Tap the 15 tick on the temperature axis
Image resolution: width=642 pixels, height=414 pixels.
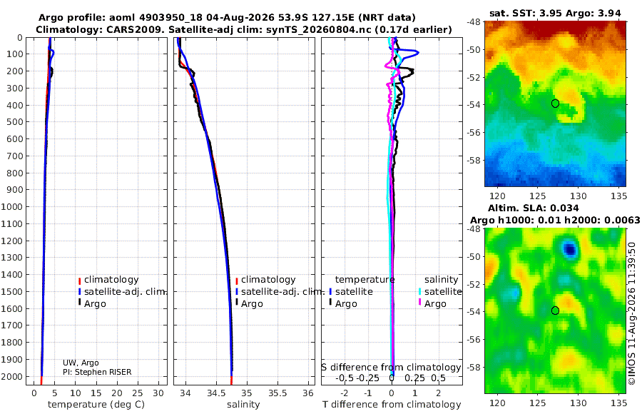96,393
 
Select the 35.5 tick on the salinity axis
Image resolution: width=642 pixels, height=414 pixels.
277,393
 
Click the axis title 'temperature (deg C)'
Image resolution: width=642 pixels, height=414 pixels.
96,405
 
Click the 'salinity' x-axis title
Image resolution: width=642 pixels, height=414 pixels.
243,405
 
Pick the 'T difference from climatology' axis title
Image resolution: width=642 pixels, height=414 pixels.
392,405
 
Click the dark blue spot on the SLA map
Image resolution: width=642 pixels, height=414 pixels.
570,249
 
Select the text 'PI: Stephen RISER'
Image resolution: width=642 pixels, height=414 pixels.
97,372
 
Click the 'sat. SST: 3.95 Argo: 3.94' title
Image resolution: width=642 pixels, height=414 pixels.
555,14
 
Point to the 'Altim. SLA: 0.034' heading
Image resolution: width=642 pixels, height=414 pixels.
534,208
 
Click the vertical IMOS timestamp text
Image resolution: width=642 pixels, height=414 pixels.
632,313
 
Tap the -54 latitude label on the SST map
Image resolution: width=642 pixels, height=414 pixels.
474,104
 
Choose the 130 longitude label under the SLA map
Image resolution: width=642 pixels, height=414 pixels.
579,403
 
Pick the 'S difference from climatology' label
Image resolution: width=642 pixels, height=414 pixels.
391,368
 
